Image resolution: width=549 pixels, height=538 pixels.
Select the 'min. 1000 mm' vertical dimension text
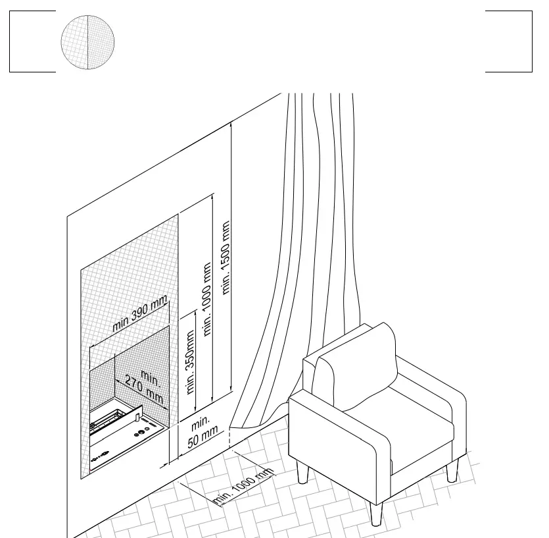coord(207,300)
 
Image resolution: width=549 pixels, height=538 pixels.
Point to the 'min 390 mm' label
coord(140,315)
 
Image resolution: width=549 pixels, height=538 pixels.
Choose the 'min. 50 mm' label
coord(202,431)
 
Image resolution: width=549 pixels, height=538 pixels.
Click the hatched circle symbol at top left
coord(87,42)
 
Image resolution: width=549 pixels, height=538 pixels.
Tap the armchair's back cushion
coord(358,369)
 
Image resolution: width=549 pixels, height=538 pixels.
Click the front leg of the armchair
coord(376,511)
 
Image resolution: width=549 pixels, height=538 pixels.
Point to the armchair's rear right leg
coord(452,471)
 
